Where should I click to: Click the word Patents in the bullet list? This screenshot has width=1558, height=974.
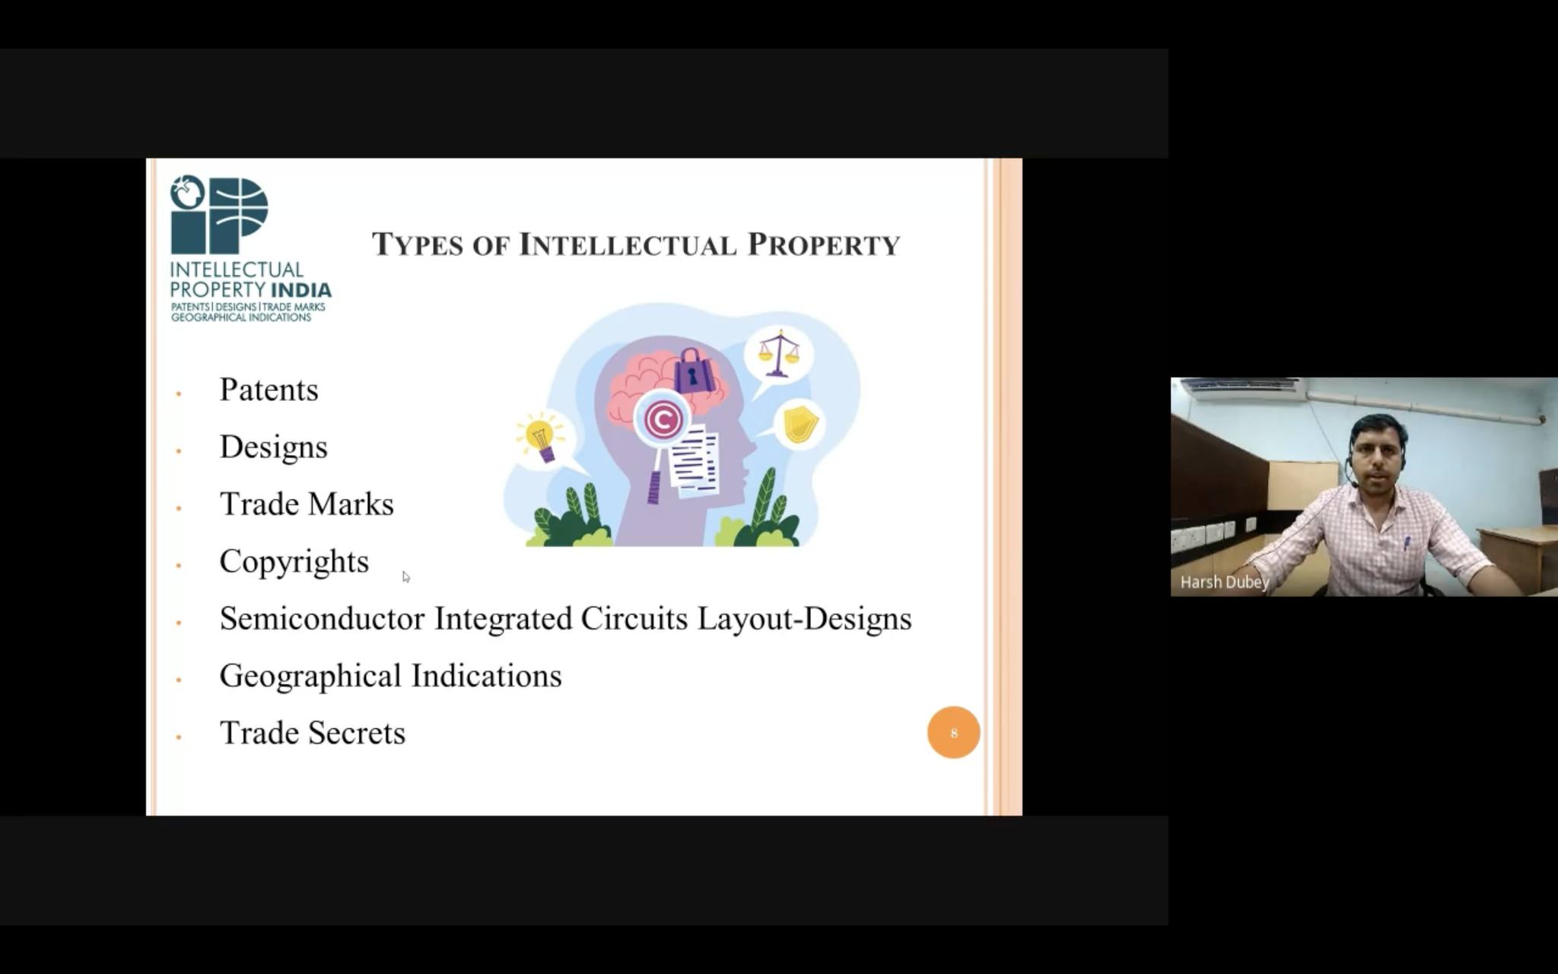pos(269,390)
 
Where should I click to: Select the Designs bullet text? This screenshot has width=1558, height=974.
pos(273,447)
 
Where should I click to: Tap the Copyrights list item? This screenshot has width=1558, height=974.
pos(294,562)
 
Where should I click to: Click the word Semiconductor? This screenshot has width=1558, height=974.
pos(321,619)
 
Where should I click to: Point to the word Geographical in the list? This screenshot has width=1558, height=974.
pos(310,676)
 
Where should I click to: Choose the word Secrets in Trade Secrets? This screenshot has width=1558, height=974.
pos(357,733)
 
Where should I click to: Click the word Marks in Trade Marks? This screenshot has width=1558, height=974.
pos(351,504)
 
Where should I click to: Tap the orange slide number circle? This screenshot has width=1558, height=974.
pos(953,732)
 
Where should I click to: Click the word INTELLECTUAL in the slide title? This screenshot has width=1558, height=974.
pos(628,245)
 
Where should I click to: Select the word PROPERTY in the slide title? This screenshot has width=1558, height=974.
pos(824,245)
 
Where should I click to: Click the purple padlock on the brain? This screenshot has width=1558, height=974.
pos(692,371)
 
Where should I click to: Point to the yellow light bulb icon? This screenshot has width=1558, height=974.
pos(540,440)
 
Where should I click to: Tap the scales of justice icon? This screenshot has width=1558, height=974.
pos(778,353)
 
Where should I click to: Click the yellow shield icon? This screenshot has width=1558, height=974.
pos(800,423)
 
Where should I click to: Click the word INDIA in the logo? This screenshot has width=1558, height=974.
pos(301,291)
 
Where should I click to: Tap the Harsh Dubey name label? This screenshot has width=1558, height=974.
pos(1225,582)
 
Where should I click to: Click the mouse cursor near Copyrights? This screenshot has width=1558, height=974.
pos(405,577)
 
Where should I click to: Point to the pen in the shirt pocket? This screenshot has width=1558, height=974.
pos(1407,543)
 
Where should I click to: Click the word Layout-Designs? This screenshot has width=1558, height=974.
pos(805,619)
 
